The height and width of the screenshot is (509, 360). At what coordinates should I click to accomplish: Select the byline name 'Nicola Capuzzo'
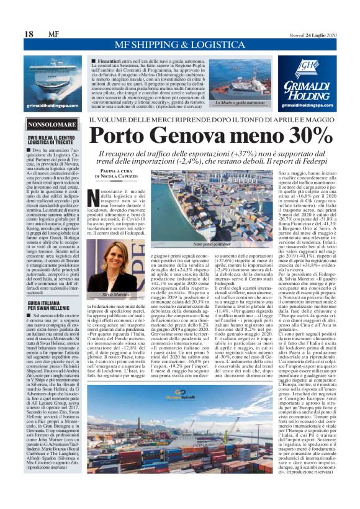coord(113,177)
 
